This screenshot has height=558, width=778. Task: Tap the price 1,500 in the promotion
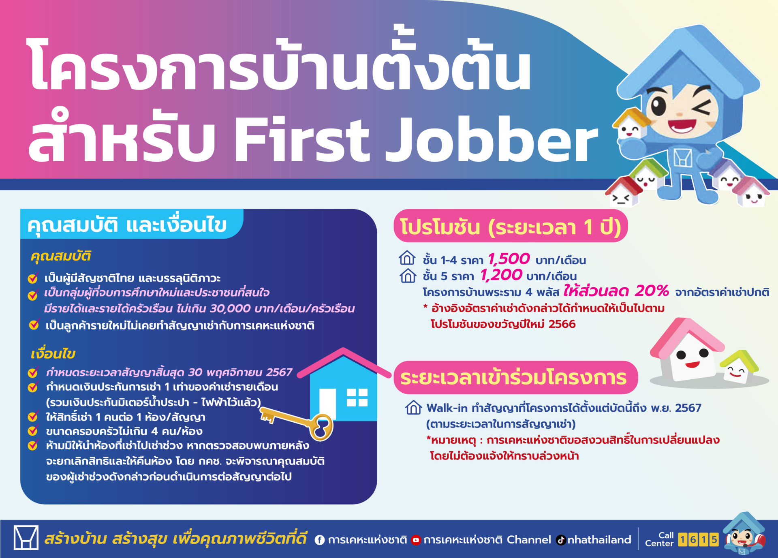coord(509,259)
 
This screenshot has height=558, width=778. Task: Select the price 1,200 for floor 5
coord(501,275)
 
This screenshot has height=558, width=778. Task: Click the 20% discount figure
coord(652,291)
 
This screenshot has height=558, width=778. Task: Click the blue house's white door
coord(327,404)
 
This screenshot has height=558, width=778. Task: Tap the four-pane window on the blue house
coord(357,397)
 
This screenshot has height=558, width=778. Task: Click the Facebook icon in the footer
coord(320,540)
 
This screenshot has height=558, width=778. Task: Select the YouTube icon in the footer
coord(416,540)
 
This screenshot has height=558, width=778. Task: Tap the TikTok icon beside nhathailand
coord(561,540)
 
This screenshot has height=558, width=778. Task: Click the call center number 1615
coord(698,539)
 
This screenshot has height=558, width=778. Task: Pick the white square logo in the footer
coord(26,537)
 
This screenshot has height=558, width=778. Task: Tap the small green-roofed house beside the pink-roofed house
coord(739,367)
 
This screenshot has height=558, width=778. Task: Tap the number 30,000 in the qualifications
coord(230,309)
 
